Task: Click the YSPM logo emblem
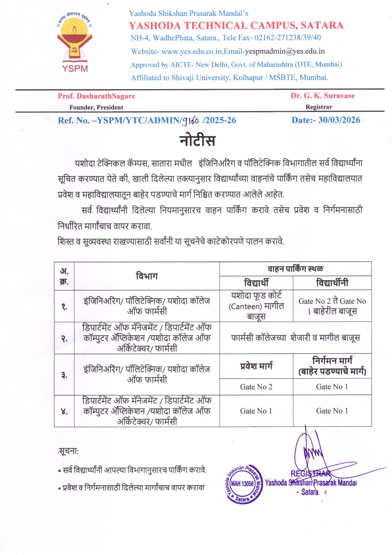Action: pyautogui.click(x=75, y=41)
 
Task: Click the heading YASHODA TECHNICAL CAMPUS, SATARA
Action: pyautogui.click(x=236, y=25)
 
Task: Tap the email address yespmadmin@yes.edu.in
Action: pyautogui.click(x=285, y=51)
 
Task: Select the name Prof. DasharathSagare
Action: pyautogui.click(x=96, y=96)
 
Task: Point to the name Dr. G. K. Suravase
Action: pyautogui.click(x=322, y=96)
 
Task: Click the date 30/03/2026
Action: pyautogui.click(x=339, y=120)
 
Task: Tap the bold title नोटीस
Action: pyautogui.click(x=197, y=140)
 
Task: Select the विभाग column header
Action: pyautogui.click(x=147, y=276)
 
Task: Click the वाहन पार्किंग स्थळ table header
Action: pyautogui.click(x=295, y=269)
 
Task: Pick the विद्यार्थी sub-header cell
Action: pyautogui.click(x=256, y=283)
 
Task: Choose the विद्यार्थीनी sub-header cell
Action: pyautogui.click(x=332, y=283)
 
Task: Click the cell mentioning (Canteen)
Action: pyautogui.click(x=256, y=306)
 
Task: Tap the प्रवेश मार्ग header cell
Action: pyautogui.click(x=256, y=366)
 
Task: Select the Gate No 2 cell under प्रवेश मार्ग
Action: pyautogui.click(x=256, y=387)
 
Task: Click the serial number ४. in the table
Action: pyautogui.click(x=64, y=411)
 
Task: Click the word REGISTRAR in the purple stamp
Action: pyautogui.click(x=311, y=473)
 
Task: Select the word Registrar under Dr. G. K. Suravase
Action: pyautogui.click(x=319, y=107)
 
